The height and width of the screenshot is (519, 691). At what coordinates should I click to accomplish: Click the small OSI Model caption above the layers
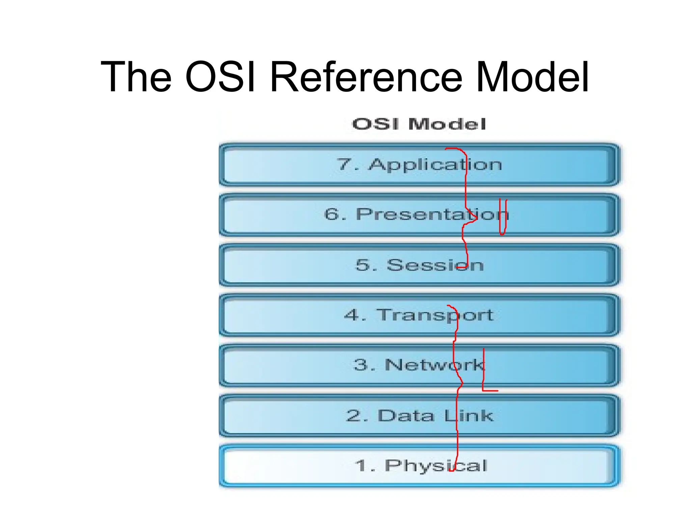(419, 124)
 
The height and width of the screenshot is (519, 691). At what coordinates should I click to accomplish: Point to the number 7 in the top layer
(344, 164)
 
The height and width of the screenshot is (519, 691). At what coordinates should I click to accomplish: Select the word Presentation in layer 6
(432, 214)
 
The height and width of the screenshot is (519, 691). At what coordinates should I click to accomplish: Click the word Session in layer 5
(435, 265)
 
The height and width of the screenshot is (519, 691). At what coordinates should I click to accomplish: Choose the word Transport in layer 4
(435, 315)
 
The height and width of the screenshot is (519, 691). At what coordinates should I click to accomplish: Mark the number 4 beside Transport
(351, 315)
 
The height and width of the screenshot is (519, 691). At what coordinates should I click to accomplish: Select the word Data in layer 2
(406, 415)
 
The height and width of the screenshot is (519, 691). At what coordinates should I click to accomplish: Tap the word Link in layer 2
(469, 415)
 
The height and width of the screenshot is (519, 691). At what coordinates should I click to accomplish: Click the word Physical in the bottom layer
(436, 466)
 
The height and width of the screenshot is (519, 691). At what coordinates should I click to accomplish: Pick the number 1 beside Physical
(362, 466)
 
